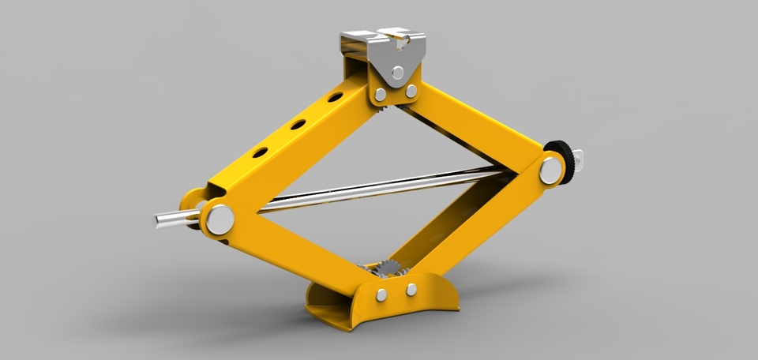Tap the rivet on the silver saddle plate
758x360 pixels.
click(400, 73)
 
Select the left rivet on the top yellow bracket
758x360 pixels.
click(381, 95)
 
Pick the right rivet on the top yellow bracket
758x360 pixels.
click(411, 92)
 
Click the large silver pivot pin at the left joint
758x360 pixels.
click(220, 218)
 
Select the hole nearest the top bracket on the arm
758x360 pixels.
click(336, 98)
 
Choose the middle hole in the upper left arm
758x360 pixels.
click(298, 125)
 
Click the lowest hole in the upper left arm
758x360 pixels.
click(257, 152)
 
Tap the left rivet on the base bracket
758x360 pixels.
click(381, 294)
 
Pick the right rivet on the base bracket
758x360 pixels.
click(411, 290)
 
